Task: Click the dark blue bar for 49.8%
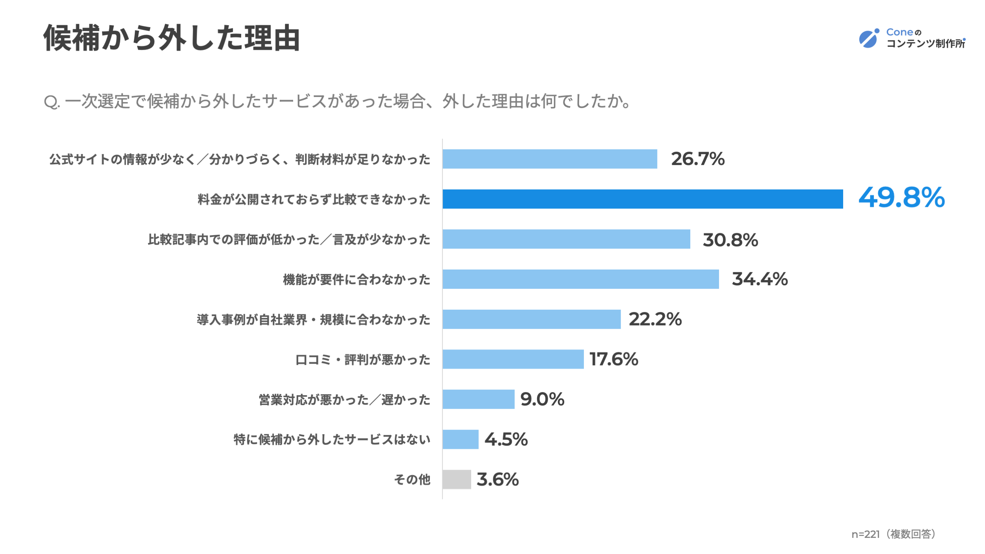[643, 199]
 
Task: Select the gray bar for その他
[457, 479]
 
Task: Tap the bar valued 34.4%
[581, 279]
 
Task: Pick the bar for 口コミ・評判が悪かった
[513, 359]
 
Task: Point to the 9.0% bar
[478, 399]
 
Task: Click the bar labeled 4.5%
[461, 439]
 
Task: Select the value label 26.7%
[698, 159]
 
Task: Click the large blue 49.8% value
[901, 197]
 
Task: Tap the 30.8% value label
[730, 240]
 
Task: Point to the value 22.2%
[655, 319]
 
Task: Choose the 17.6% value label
[614, 359]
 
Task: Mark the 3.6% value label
[498, 480]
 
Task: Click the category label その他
[412, 480]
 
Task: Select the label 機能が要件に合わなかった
[357, 280]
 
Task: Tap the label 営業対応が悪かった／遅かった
[344, 400]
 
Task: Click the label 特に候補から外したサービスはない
[332, 440]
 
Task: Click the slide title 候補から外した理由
[172, 38]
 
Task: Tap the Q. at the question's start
[52, 102]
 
